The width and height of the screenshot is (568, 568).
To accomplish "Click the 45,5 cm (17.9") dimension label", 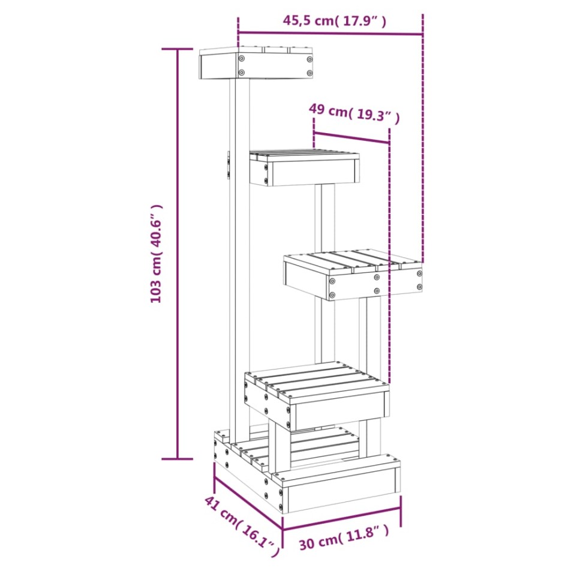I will point(334,21).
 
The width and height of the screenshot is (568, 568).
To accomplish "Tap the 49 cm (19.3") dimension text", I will point(354,112).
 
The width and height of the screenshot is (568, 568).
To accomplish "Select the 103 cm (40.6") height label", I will point(157,253).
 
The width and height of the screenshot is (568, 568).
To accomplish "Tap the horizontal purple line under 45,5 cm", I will point(330,34).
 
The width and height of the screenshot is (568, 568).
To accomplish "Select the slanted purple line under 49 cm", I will point(351,137).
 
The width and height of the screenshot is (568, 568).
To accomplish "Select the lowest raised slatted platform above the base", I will point(317,396).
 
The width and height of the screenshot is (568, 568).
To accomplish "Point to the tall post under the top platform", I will point(240,258).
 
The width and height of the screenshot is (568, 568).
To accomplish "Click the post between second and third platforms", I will point(325,219).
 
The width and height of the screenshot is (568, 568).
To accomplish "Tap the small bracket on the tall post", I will point(228,164).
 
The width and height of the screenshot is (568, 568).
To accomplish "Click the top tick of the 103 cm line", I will point(178,49).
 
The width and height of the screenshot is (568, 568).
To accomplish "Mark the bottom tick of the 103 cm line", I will point(178,459).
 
